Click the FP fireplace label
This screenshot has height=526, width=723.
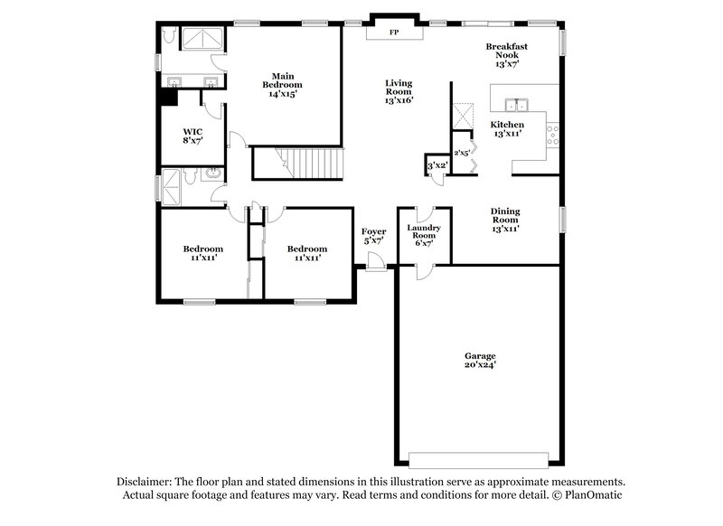pyautogui.click(x=393, y=33)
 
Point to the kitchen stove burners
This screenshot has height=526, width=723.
pyautogui.click(x=553, y=136)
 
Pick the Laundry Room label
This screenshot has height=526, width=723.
pyautogui.click(x=423, y=235)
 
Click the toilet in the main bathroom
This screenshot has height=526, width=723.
pyautogui.click(x=168, y=35)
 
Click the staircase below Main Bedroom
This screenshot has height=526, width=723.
pyautogui.click(x=298, y=164)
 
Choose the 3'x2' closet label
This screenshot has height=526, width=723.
pyautogui.click(x=436, y=165)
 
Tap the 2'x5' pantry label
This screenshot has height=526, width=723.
pyautogui.click(x=461, y=153)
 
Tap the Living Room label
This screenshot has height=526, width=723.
pyautogui.click(x=398, y=92)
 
